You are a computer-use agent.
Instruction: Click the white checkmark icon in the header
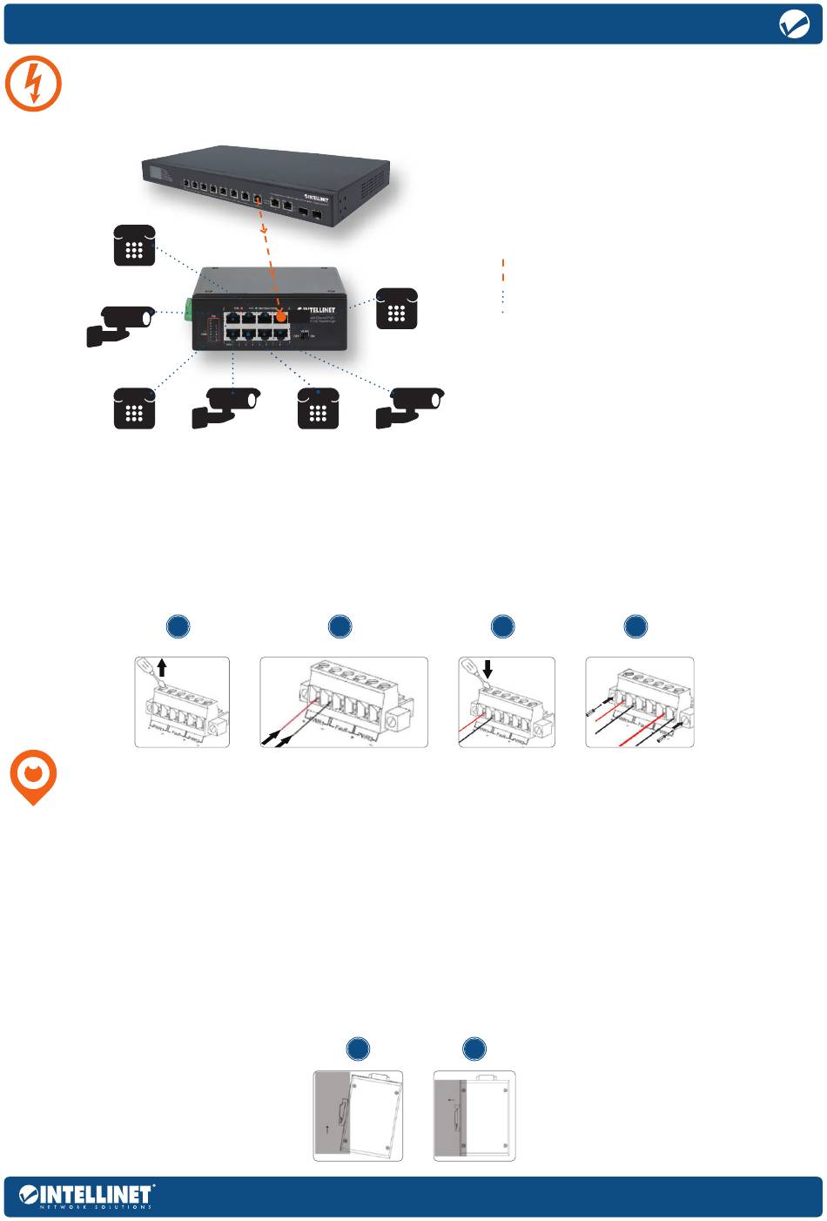point(794,25)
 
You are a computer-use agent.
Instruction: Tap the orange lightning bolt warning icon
point(34,84)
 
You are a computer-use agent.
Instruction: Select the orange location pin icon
point(33,778)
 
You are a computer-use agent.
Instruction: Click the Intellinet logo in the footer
point(86,1195)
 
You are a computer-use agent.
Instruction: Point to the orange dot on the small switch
point(281,318)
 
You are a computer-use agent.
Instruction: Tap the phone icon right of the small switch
point(396,308)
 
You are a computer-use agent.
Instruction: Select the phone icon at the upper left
point(134,246)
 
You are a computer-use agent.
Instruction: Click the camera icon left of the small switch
point(121,324)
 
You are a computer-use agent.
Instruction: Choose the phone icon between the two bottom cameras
point(318,408)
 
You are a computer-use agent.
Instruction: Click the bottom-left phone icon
point(134,408)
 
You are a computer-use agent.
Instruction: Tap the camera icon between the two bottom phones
point(225,407)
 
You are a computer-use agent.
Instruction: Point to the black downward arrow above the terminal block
point(487,669)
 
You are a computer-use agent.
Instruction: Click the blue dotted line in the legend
point(503,300)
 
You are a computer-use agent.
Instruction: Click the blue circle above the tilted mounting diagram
point(358,1049)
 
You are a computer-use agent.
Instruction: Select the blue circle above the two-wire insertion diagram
point(340,626)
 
